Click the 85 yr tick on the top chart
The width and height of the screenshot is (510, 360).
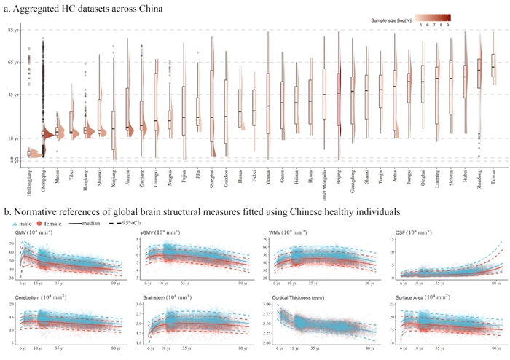[13, 30]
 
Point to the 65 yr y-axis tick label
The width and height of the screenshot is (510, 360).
[13, 63]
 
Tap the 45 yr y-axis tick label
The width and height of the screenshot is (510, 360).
[13, 95]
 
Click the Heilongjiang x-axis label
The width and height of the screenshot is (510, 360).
[28, 178]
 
